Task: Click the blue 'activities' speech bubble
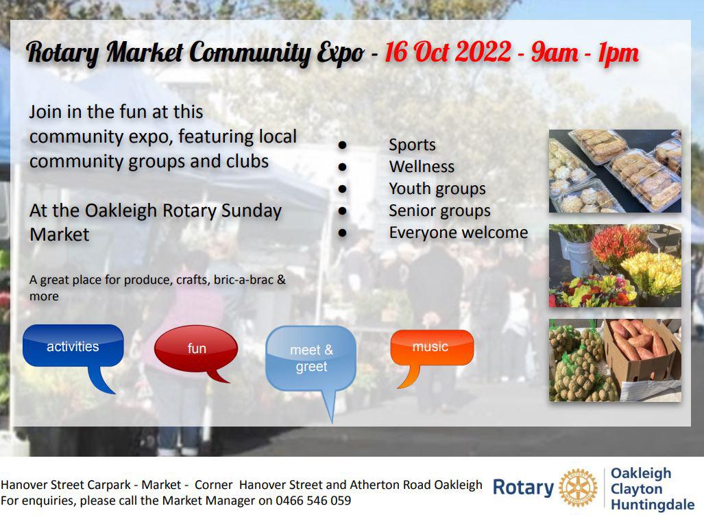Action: pos(73,346)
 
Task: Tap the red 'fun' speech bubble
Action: pos(196,348)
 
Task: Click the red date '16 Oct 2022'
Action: pos(448,51)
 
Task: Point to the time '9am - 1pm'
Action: pos(585,53)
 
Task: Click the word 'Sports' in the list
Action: pos(412,145)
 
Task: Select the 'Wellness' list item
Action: pos(422,167)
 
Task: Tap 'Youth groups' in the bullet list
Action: pos(437,189)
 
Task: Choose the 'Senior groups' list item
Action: pos(439,211)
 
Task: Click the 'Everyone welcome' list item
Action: pos(459,232)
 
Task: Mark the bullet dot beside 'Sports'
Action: pos(343,145)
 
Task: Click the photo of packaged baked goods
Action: pos(615,171)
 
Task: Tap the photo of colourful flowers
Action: pos(615,266)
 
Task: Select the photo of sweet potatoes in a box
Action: pos(615,360)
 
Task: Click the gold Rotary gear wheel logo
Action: pos(578,488)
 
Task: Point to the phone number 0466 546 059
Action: pos(313,500)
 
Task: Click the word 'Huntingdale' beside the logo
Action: pos(653,504)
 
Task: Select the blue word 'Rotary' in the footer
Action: pos(523,488)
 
